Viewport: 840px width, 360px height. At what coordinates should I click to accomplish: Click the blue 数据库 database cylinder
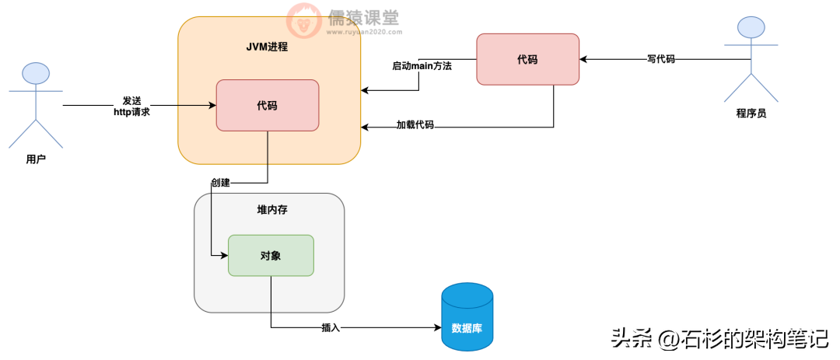(x=467, y=316)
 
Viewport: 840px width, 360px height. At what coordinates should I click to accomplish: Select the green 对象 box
(x=271, y=256)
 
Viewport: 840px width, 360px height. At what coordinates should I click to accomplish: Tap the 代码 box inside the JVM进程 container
(x=268, y=105)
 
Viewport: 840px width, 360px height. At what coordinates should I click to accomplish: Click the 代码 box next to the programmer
(x=527, y=59)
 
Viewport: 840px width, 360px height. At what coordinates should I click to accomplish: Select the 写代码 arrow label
(x=661, y=59)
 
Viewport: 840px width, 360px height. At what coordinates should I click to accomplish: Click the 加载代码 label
(x=415, y=125)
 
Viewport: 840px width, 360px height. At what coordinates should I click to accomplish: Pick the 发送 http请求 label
(x=131, y=107)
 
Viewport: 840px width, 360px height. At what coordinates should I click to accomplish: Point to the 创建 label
(x=220, y=183)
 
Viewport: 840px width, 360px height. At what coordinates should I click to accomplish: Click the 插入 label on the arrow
(x=331, y=327)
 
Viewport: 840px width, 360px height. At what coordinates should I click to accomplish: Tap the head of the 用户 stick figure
(x=36, y=74)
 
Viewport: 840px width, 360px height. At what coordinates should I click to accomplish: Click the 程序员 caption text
(x=751, y=113)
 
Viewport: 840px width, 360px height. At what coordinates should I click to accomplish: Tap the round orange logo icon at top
(x=304, y=19)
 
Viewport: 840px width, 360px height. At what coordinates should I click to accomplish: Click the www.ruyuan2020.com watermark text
(x=364, y=32)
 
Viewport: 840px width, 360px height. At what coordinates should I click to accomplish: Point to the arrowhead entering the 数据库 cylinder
(x=437, y=327)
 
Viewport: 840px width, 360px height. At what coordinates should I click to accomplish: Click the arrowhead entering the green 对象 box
(x=224, y=256)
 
